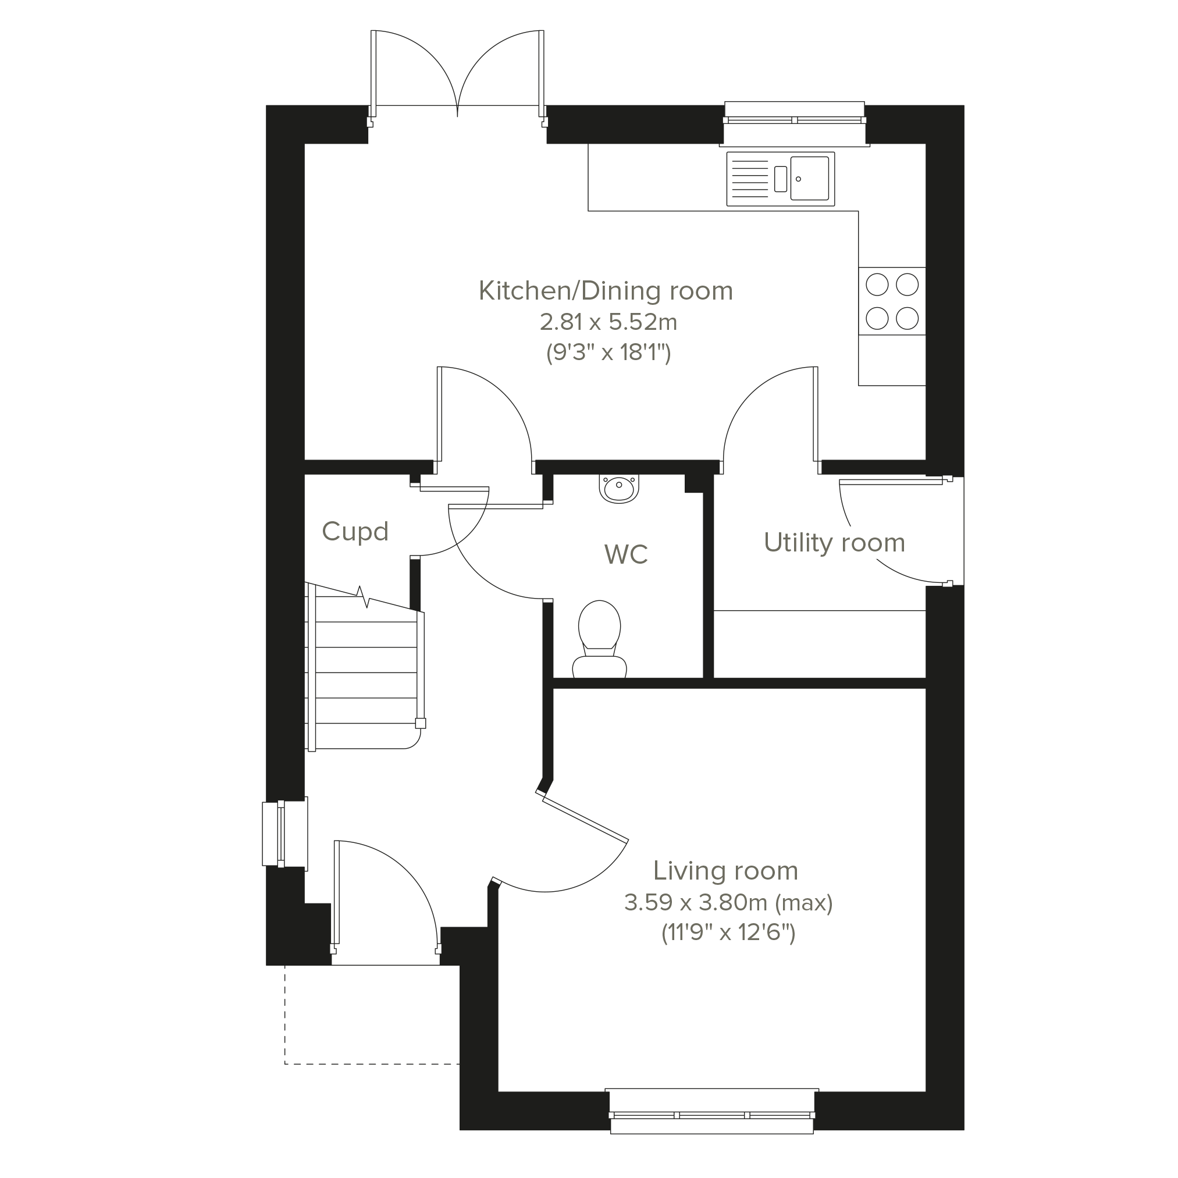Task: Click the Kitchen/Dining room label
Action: pos(606,291)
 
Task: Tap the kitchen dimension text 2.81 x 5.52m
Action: pos(608,322)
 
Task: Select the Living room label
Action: pos(725,871)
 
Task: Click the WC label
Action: pos(626,554)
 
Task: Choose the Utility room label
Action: pos(834,543)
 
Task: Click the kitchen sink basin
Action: pos(810,178)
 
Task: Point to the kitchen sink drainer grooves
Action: pos(749,179)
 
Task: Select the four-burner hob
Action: pos(892,301)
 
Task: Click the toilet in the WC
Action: pos(599,639)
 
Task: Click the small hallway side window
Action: pos(284,834)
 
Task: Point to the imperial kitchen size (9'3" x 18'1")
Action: pos(608,353)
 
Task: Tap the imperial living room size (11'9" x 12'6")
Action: pos(728,933)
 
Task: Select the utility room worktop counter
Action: pos(820,644)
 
